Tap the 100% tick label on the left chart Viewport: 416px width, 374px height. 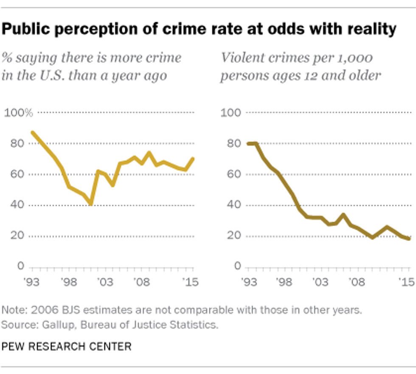click(x=18, y=113)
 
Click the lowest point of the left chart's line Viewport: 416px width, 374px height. click(x=90, y=204)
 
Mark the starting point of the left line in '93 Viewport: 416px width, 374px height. click(x=33, y=133)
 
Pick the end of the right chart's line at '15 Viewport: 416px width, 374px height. click(x=409, y=239)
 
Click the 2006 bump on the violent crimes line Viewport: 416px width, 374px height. click(x=343, y=215)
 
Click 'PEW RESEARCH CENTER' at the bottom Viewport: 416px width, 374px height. click(x=67, y=346)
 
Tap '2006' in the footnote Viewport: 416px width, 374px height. click(x=39, y=310)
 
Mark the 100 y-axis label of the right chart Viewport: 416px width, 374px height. click(x=231, y=113)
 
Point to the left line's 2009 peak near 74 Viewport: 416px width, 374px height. click(x=149, y=153)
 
